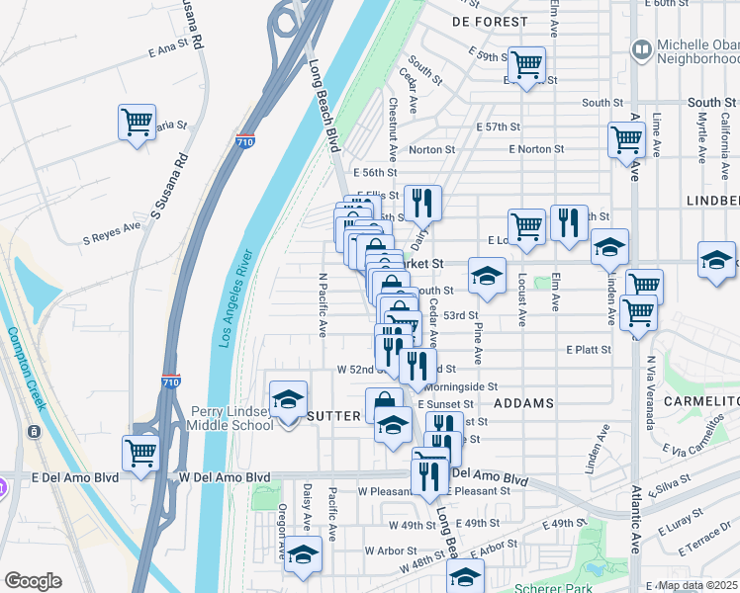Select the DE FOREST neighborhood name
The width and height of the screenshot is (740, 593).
491,21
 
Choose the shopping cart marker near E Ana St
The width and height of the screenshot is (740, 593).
137,124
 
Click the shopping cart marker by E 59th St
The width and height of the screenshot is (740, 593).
526,65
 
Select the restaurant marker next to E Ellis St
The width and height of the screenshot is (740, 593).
422,204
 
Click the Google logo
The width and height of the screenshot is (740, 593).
33,581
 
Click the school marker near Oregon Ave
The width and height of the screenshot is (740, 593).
303,555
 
